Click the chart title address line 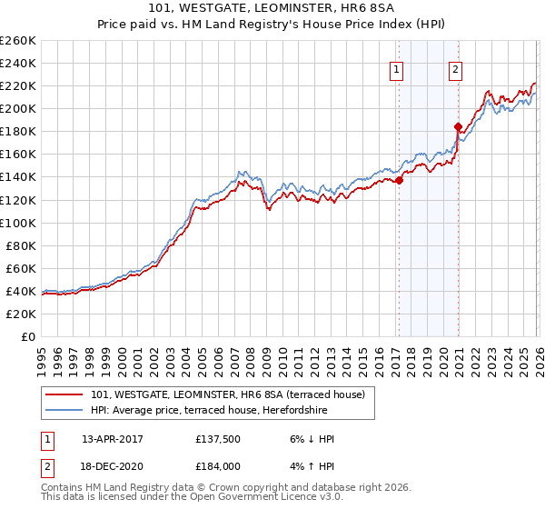click(272, 9)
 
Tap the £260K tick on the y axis click(18, 41)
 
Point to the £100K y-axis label click(18, 223)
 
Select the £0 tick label click(27, 336)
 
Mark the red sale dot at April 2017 click(399, 180)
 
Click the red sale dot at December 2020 click(458, 127)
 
